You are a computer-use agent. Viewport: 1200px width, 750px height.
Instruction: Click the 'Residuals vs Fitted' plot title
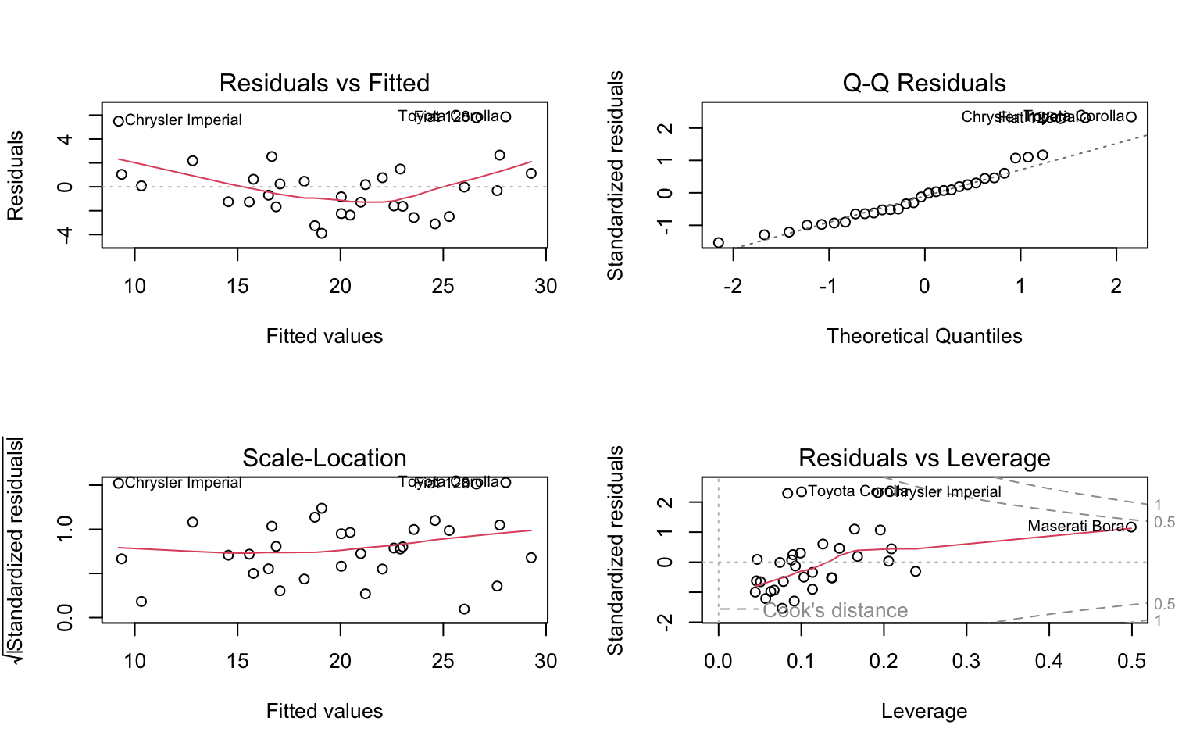tap(324, 83)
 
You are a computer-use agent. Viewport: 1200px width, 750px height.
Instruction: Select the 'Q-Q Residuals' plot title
tap(924, 83)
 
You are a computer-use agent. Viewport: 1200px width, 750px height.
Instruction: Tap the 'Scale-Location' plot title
tap(324, 458)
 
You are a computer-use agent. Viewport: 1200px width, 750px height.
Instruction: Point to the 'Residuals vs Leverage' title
tap(924, 458)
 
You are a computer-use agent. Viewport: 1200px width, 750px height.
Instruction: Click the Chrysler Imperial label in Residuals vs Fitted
tap(184, 120)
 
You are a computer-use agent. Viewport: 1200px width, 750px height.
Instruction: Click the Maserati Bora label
tap(1076, 527)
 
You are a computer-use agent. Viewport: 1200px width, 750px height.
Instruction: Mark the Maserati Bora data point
tap(1130, 528)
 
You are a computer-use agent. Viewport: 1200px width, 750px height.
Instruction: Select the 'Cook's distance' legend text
tap(835, 610)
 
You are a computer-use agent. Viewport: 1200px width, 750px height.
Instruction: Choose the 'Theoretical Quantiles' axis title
tap(924, 336)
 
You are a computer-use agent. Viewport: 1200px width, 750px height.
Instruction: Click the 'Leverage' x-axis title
tap(924, 711)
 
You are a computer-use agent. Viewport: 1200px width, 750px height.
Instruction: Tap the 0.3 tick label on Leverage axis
tap(966, 661)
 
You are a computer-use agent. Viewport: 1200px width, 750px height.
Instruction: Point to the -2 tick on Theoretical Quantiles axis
tap(732, 286)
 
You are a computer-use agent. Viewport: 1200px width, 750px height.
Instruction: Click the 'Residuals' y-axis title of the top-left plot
tap(16, 176)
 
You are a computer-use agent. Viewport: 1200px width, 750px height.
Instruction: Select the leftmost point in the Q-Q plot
tap(719, 243)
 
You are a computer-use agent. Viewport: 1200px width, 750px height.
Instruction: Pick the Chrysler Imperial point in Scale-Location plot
tap(119, 483)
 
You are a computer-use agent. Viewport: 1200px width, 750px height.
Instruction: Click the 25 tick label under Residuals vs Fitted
tap(443, 286)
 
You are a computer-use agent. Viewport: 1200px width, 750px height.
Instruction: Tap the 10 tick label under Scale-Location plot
tap(135, 661)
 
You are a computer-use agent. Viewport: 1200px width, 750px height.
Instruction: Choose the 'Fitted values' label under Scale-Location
tap(324, 711)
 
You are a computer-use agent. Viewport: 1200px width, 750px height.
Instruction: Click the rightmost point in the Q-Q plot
tap(1131, 117)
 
